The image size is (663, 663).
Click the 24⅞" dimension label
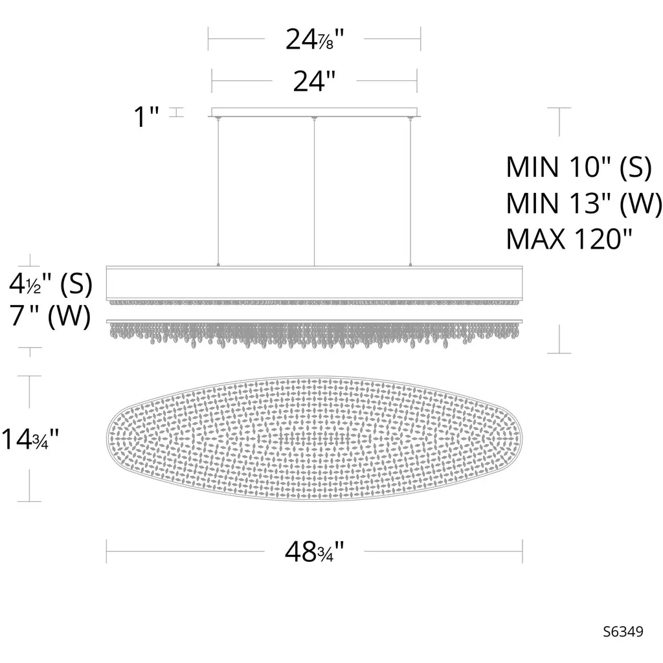click(x=315, y=39)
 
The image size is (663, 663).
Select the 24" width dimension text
click(x=314, y=81)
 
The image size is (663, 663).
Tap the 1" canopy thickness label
click(x=146, y=117)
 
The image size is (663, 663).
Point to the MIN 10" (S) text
click(x=579, y=167)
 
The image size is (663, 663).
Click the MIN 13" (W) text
click(x=584, y=203)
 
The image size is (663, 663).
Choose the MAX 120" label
click(x=569, y=239)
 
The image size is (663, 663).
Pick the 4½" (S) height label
click(x=51, y=284)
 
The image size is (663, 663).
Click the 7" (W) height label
click(x=51, y=315)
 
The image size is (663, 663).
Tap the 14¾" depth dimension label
click(x=30, y=438)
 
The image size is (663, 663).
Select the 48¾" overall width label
click(x=315, y=552)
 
